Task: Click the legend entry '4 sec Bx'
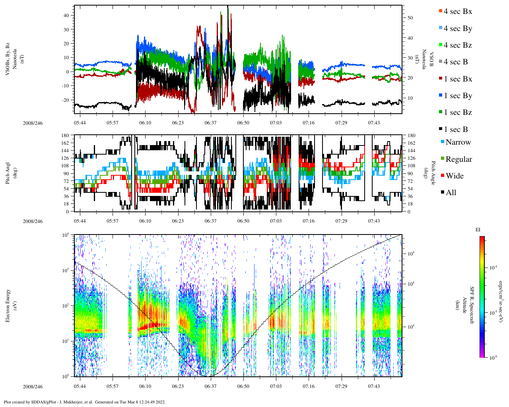[457, 12]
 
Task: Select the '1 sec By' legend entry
[457, 96]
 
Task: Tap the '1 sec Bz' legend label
[457, 112]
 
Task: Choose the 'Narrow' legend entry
[458, 142]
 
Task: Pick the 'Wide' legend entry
[454, 176]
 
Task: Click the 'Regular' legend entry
[458, 159]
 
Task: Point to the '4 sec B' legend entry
[455, 62]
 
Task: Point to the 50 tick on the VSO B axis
[410, 18]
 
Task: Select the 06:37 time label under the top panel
[211, 123]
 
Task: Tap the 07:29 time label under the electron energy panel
[341, 386]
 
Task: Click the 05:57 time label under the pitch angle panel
[113, 221]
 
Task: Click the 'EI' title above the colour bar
[478, 230]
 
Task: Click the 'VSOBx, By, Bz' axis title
[8, 60]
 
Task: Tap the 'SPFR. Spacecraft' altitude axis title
[472, 305]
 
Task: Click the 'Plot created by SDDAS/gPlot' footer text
[84, 402]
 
